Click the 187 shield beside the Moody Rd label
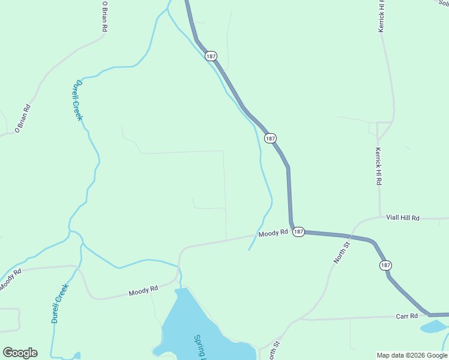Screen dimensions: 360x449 pos(299,232)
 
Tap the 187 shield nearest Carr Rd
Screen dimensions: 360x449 pos(385,265)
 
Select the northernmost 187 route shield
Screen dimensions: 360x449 pos(210,56)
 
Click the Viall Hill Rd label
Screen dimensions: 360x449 pos(402,218)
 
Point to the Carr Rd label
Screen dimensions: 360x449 pos(406,316)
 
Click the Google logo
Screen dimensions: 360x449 pos(20,353)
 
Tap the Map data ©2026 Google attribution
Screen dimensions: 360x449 pos(412,355)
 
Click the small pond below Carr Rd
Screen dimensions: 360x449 pos(433,327)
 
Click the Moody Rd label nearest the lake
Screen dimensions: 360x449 pos(143,290)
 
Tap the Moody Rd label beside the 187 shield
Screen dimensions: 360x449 pos(273,233)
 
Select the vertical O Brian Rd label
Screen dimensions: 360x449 pos(104,16)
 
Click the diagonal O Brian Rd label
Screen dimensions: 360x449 pos(23,118)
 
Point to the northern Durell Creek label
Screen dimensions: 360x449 pos(77,100)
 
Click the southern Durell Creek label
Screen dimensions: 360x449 pos(60,303)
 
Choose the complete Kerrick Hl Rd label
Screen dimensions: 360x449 pos(378,166)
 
